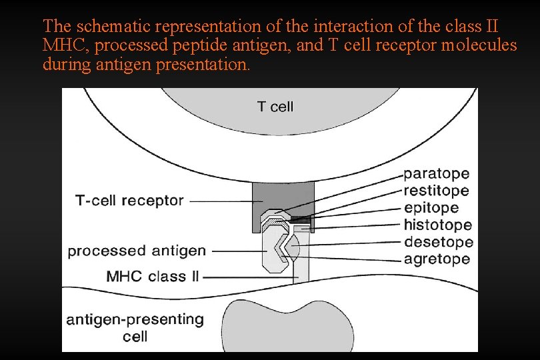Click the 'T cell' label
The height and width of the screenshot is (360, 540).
(275, 107)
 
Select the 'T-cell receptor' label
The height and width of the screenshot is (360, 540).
(129, 201)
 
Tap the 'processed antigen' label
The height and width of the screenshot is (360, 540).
(137, 251)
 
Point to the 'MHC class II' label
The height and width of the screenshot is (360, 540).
(153, 276)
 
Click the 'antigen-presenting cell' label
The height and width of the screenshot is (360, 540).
(135, 327)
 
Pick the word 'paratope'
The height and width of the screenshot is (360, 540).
(436, 174)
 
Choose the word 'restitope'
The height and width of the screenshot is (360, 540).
(436, 191)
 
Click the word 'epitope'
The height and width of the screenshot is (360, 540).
(431, 208)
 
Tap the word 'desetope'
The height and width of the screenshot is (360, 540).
(438, 242)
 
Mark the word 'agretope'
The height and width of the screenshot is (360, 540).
(437, 259)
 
